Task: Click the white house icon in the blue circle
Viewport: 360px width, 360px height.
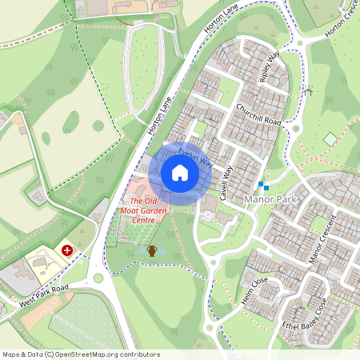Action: click(180, 172)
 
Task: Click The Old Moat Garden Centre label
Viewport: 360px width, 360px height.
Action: click(148, 211)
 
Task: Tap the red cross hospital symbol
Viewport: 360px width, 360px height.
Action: click(67, 250)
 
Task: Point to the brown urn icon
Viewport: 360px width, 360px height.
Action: click(151, 251)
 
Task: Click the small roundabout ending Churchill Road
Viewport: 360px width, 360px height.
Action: click(295, 128)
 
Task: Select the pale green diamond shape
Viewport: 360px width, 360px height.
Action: click(330, 139)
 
